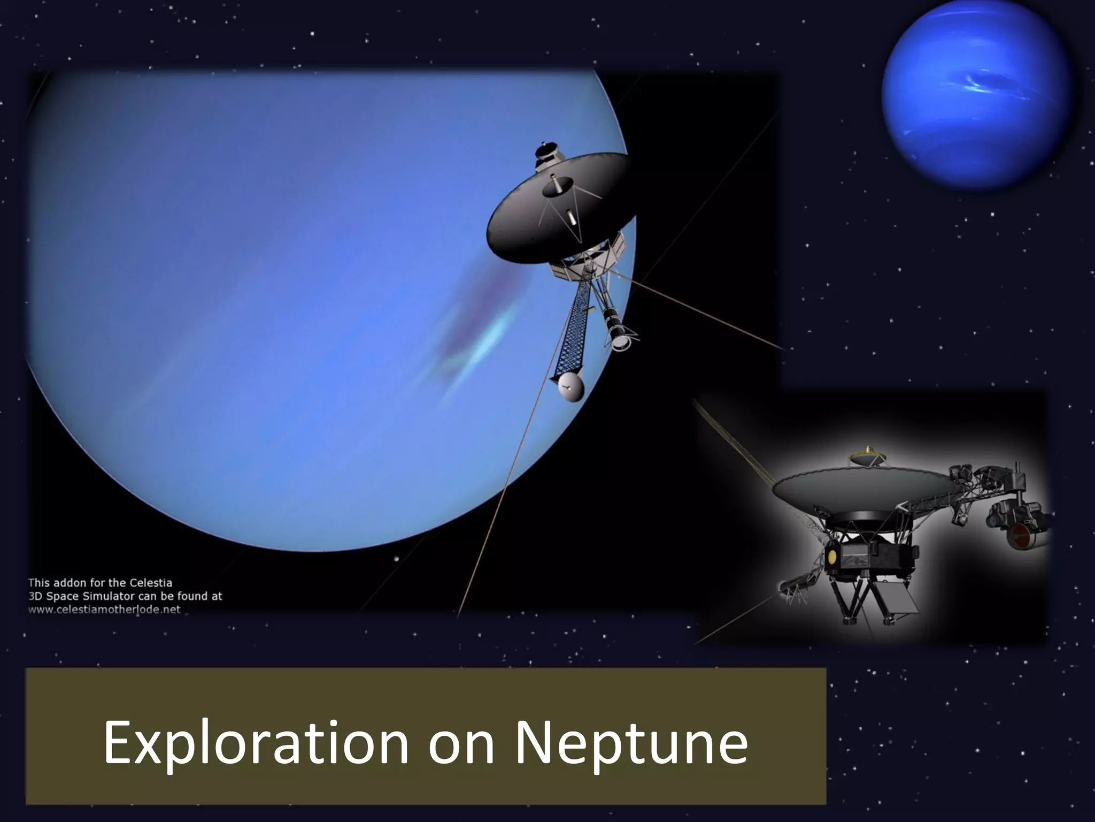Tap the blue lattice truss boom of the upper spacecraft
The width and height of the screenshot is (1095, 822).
tap(575, 326)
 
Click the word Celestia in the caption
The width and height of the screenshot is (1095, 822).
tap(150, 583)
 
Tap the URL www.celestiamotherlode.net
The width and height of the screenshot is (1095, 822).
tap(104, 610)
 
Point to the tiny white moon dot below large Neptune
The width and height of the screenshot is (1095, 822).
tap(396, 559)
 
